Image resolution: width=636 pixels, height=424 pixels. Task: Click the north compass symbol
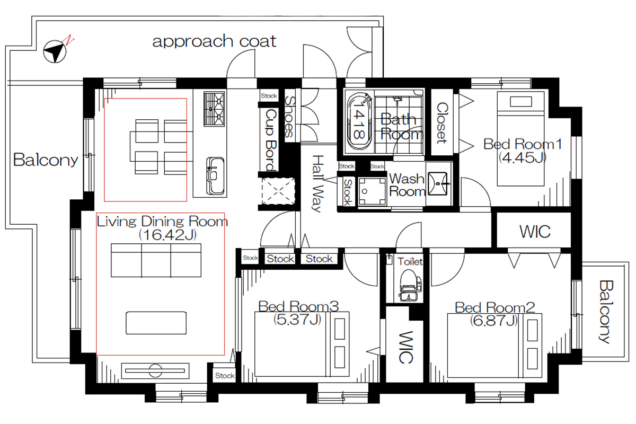[x=55, y=51]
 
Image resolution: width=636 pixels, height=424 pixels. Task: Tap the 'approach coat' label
[x=214, y=41]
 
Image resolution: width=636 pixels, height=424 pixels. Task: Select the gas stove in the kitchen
[x=214, y=109]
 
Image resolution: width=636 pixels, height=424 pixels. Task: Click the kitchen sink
[x=215, y=176]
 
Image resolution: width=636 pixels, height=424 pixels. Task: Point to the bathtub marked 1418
[x=359, y=121]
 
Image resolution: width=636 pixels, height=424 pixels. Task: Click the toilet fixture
[x=408, y=285]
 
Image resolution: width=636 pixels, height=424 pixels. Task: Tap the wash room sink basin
[x=437, y=183]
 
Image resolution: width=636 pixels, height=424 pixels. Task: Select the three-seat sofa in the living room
[x=156, y=260]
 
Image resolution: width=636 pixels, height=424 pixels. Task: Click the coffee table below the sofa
[x=156, y=323]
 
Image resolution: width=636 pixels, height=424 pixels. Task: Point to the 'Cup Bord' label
[x=271, y=140]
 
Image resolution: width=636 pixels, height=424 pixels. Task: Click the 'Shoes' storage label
[x=289, y=117]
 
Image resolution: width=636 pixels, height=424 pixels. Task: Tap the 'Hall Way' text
[x=317, y=183]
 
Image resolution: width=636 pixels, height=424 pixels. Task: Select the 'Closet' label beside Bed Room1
[x=442, y=122]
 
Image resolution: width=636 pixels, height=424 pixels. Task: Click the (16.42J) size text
[x=168, y=235]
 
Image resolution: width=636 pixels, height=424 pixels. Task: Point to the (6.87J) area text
[x=494, y=321]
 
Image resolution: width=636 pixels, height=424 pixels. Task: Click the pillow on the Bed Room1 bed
[x=520, y=102]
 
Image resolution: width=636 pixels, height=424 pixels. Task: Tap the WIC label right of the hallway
[x=535, y=232]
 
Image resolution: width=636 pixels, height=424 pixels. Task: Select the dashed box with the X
[x=278, y=191]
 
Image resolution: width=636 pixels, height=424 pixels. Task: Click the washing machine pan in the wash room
[x=372, y=191]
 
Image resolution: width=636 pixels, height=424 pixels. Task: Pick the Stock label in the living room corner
[x=225, y=376]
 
